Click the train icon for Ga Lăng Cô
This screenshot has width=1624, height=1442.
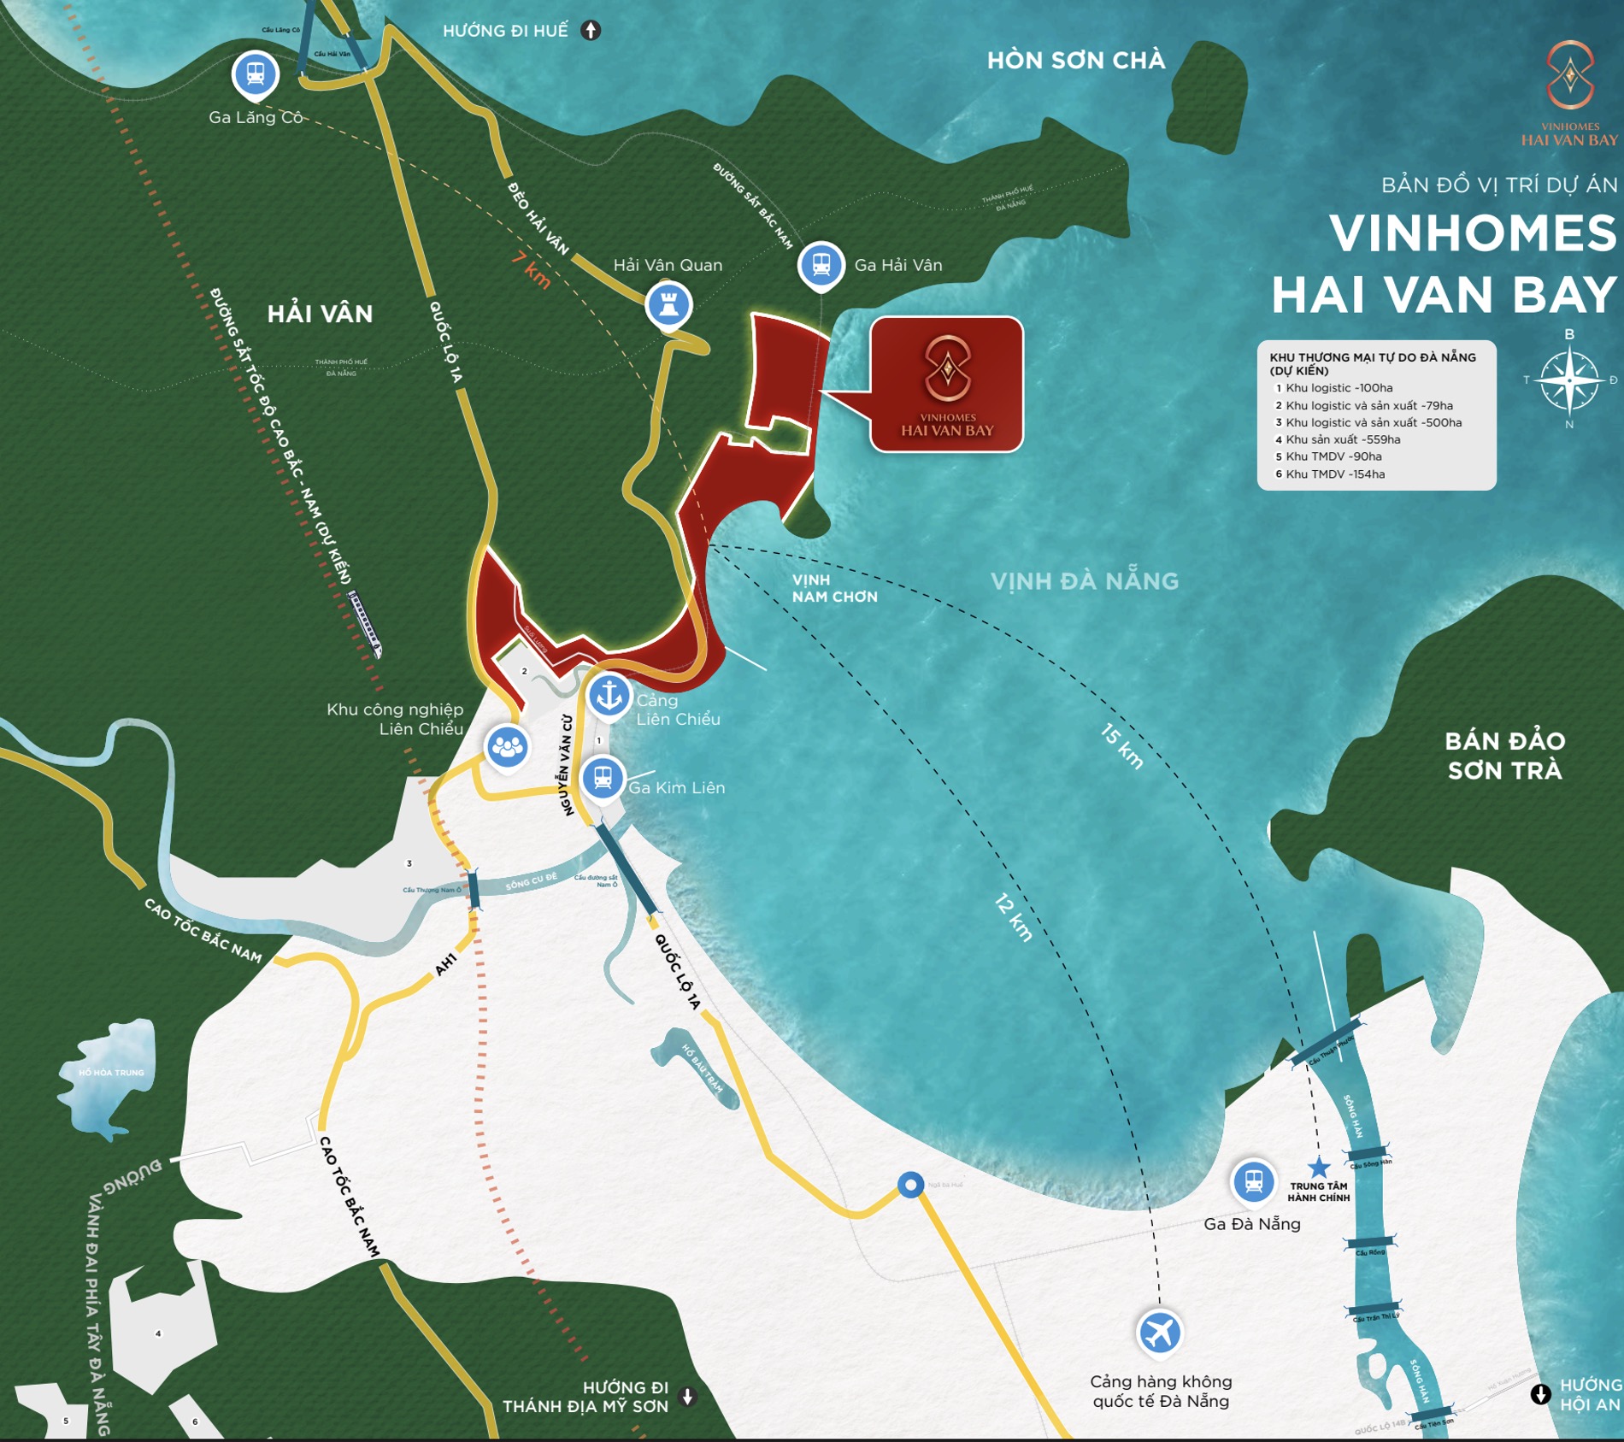[255, 74]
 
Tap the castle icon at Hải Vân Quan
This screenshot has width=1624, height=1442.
[668, 304]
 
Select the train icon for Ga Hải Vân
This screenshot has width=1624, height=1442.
[821, 264]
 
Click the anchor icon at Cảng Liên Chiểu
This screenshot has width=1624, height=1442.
[609, 695]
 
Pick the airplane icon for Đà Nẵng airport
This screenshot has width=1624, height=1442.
[1159, 1332]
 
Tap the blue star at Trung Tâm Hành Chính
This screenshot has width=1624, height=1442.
[1319, 1167]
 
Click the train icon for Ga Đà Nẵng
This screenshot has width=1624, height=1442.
[1253, 1181]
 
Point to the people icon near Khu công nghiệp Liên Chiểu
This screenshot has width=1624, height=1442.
[507, 747]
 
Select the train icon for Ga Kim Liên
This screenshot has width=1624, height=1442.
[603, 778]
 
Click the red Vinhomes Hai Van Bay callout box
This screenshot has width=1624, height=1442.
[946, 384]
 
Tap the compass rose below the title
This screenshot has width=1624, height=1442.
[1569, 380]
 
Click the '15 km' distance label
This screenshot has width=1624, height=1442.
[1121, 746]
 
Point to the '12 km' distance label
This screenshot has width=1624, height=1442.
[1014, 917]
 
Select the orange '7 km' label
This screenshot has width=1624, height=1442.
[532, 269]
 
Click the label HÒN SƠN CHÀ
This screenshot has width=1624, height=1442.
[1075, 61]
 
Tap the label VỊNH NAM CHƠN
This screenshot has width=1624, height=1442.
[833, 588]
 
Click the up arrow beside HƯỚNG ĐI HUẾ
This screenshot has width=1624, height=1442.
[591, 31]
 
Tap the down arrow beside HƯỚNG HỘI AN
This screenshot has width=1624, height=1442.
[1540, 1394]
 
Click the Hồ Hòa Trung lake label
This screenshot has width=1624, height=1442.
[111, 1072]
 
